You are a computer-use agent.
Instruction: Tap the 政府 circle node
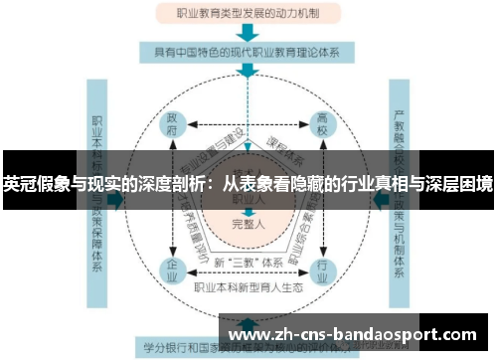coord(174,126)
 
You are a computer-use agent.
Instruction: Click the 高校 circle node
coord(323,126)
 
